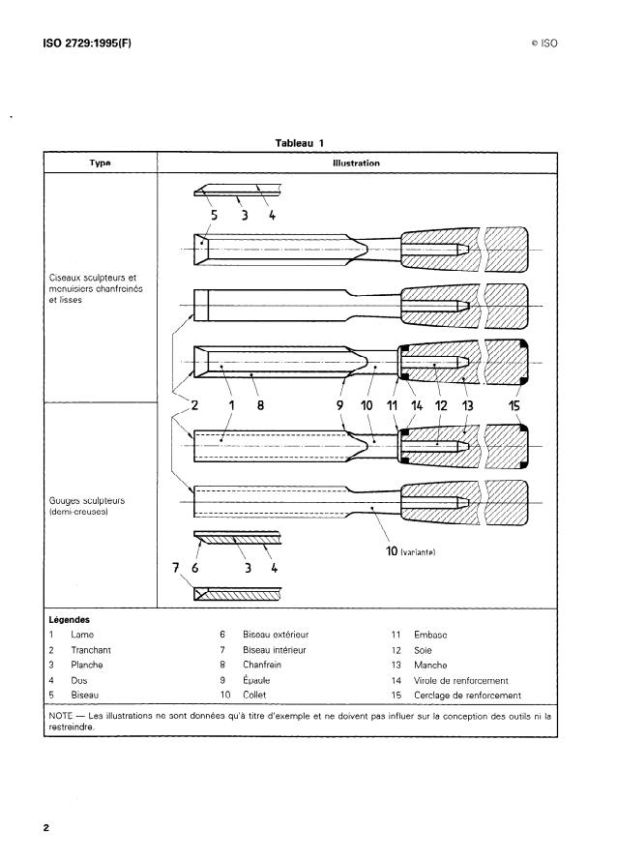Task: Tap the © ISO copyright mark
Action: point(544,44)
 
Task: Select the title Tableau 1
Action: point(299,143)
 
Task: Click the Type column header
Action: point(99,163)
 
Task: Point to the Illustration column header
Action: point(357,163)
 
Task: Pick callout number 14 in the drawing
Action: point(418,406)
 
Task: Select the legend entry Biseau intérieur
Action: point(275,649)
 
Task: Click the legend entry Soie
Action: point(423,649)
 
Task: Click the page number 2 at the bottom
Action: point(45,828)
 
